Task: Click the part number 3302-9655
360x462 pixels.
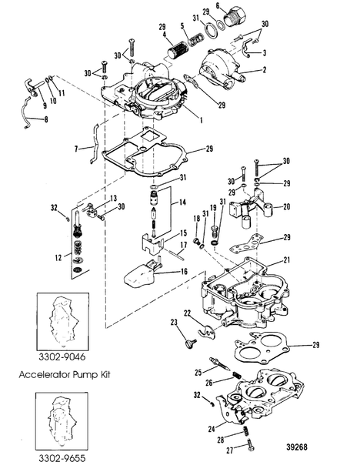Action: pos(58,454)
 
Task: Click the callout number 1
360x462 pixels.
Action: pos(201,119)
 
